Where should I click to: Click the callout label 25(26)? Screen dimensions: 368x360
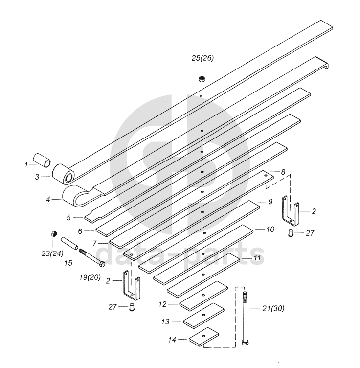click(202, 58)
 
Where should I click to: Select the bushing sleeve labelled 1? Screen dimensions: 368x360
click(42, 160)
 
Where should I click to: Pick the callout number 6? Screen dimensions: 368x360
click(87, 230)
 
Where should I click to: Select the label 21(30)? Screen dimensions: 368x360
click(273, 308)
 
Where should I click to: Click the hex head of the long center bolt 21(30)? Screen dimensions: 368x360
click(245, 341)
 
